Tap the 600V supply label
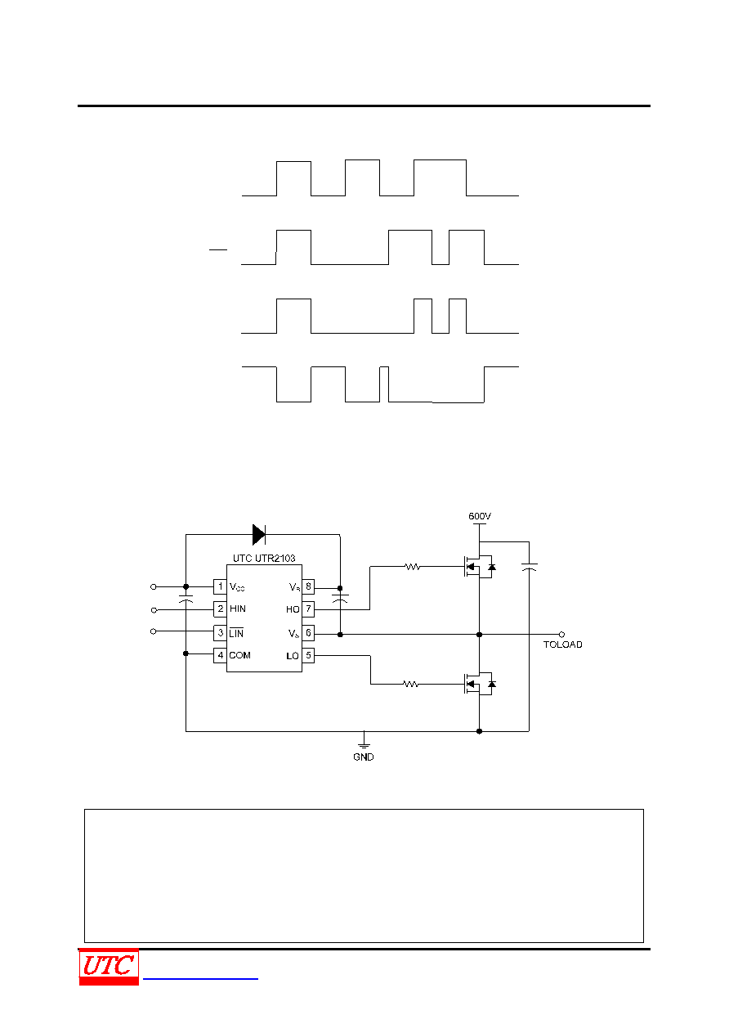point(480,516)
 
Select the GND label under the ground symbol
point(364,757)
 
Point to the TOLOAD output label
point(562,645)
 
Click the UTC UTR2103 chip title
point(264,558)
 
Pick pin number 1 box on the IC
point(220,586)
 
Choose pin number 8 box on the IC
point(308,586)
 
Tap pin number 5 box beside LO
point(308,655)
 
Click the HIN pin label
point(238,609)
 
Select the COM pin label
point(239,655)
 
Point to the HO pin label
point(293,609)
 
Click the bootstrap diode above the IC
point(259,534)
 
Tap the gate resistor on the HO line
point(413,566)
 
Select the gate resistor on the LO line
point(410,684)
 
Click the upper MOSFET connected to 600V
point(479,567)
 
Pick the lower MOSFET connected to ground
point(479,685)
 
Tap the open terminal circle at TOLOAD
point(561,635)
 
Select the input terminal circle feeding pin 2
point(154,610)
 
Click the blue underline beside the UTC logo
point(200,978)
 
